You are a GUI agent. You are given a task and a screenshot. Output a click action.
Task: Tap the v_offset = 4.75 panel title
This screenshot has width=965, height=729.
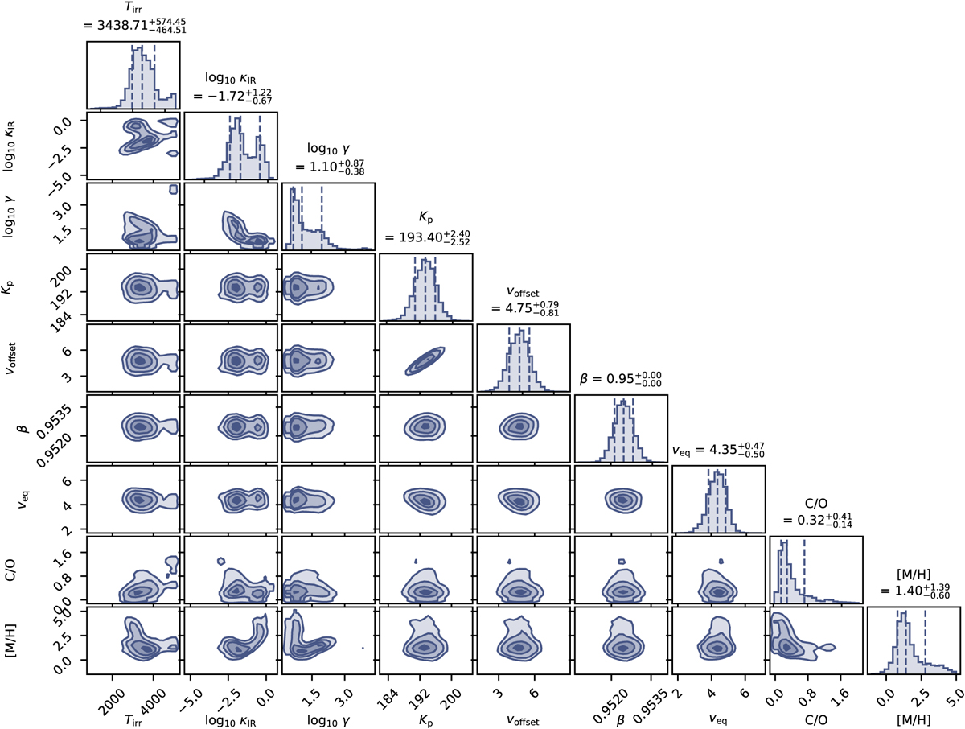[x=523, y=307]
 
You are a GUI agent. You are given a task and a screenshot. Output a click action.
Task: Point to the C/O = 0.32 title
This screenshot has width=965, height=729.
[x=815, y=518]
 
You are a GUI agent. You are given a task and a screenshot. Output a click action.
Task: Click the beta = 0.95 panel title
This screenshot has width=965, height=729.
[x=620, y=378]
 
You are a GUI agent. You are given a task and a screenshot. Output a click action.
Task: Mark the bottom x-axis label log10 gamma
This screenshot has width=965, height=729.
[x=327, y=715]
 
